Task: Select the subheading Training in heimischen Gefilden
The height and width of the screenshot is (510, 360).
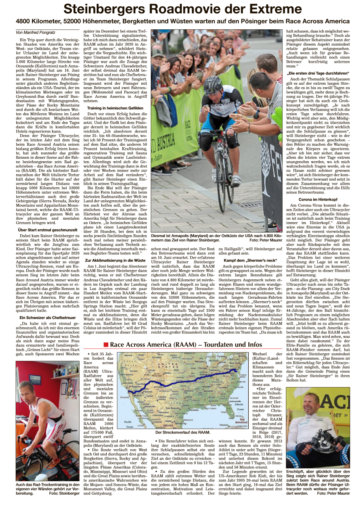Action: click(x=115, y=108)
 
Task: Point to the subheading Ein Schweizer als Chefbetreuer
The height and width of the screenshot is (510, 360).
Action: click(x=48, y=317)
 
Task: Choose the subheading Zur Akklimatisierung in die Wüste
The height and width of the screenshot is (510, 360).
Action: click(x=115, y=260)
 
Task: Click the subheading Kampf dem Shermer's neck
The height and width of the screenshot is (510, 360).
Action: click(x=250, y=260)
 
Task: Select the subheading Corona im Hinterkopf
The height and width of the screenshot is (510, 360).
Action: click(x=318, y=199)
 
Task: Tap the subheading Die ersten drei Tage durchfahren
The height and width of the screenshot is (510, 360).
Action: click(x=318, y=73)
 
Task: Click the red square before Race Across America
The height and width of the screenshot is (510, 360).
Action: click(x=106, y=345)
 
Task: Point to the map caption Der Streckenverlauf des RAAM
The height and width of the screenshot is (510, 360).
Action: click(x=183, y=432)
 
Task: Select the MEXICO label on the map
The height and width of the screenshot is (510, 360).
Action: click(x=168, y=425)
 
